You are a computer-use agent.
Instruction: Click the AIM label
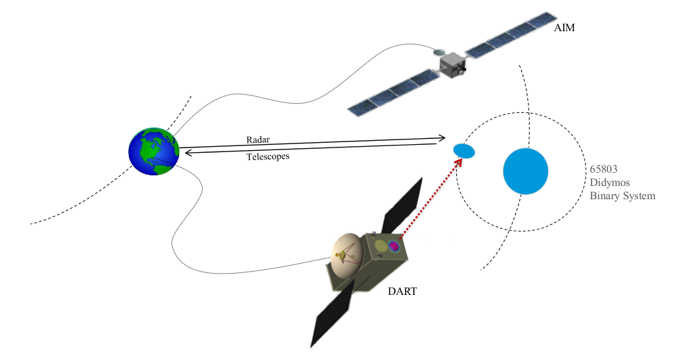coord(566,29)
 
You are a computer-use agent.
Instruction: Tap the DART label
coord(402,290)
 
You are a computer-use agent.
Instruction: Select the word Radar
coord(258,140)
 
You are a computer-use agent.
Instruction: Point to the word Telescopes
coord(268,157)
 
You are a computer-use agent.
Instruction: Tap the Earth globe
coord(154,151)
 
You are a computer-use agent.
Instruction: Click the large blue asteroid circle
coord(525,171)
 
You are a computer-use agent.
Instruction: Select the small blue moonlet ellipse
coord(464,151)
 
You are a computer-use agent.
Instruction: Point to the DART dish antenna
coord(347,256)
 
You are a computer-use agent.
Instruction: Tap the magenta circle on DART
coord(394,247)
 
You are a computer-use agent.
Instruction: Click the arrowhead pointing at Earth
coord(187,153)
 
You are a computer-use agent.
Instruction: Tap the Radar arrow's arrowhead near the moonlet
coord(442,138)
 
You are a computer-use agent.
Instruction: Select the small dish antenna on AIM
coord(439,52)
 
